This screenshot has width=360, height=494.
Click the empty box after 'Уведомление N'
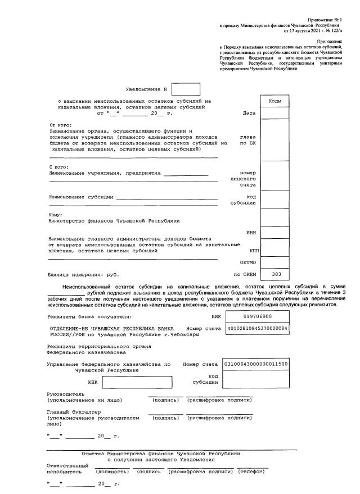click(x=186, y=89)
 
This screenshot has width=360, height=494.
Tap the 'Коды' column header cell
click(x=274, y=101)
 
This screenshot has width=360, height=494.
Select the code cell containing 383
click(x=274, y=274)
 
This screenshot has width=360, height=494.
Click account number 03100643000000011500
click(x=256, y=364)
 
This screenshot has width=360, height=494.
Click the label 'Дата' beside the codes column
click(x=249, y=114)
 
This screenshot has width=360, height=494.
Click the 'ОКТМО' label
click(x=249, y=262)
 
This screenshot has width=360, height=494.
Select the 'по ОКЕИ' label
click(x=245, y=274)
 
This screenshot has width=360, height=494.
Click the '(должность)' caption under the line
click(x=113, y=472)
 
